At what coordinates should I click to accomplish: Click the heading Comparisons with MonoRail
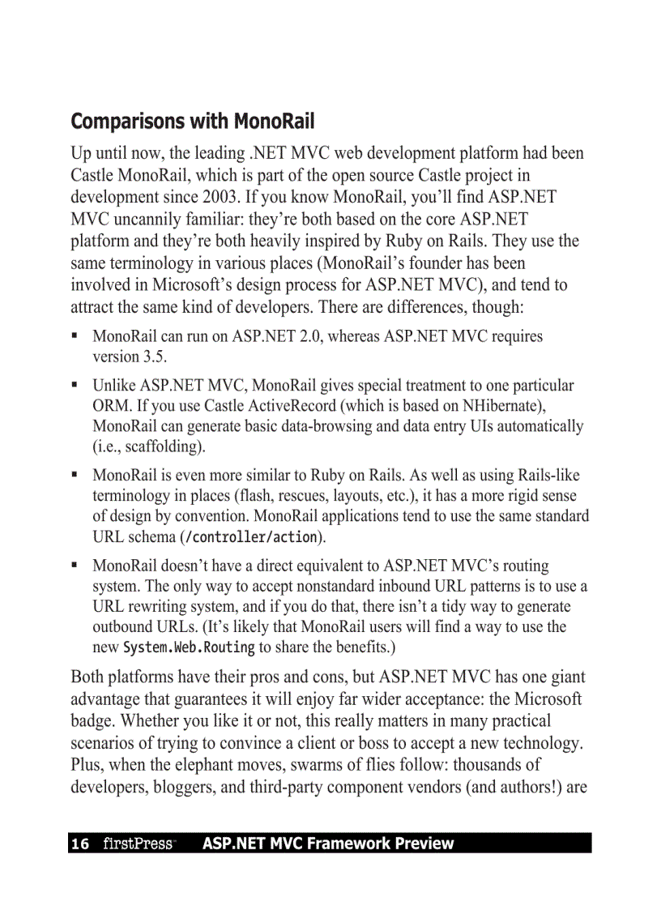tap(192, 122)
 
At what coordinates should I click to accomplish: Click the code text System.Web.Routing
tap(189, 647)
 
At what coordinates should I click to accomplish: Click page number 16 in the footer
tap(80, 844)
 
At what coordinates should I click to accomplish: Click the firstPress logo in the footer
tap(139, 844)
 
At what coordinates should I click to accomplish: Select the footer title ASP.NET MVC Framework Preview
tap(327, 844)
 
